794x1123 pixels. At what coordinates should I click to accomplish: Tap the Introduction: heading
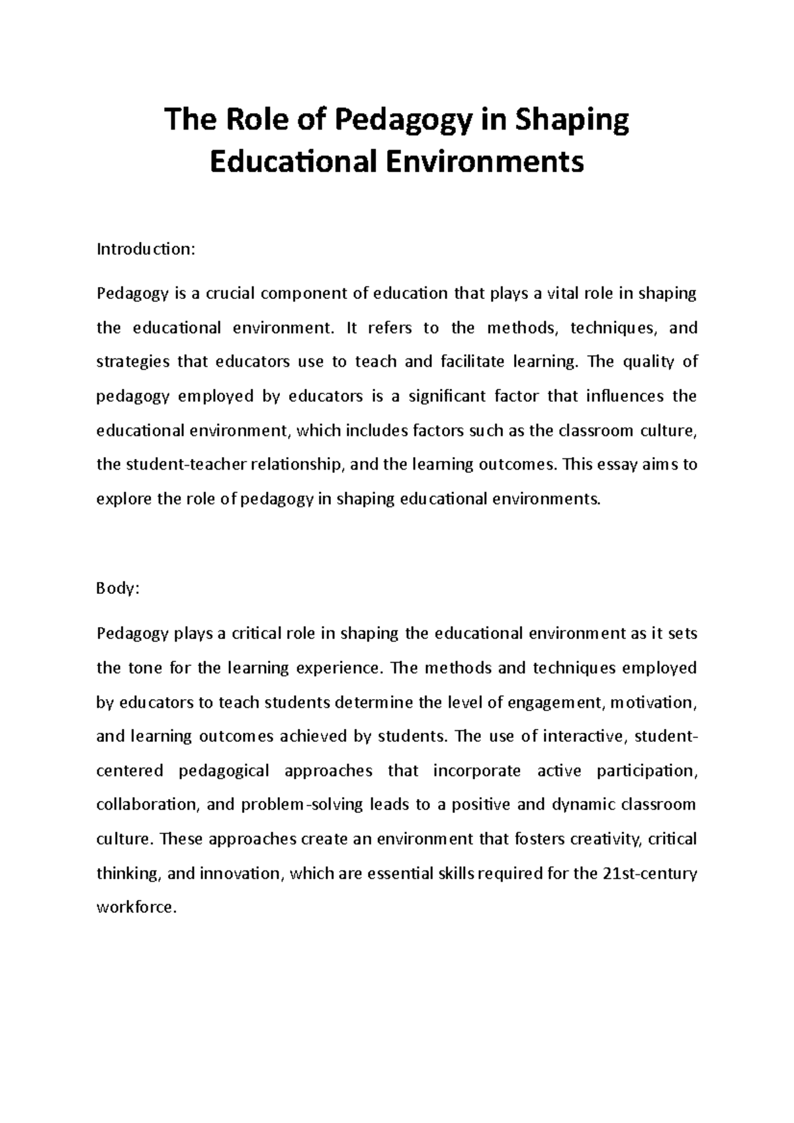tap(146, 249)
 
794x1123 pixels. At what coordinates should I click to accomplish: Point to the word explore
tap(123, 499)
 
